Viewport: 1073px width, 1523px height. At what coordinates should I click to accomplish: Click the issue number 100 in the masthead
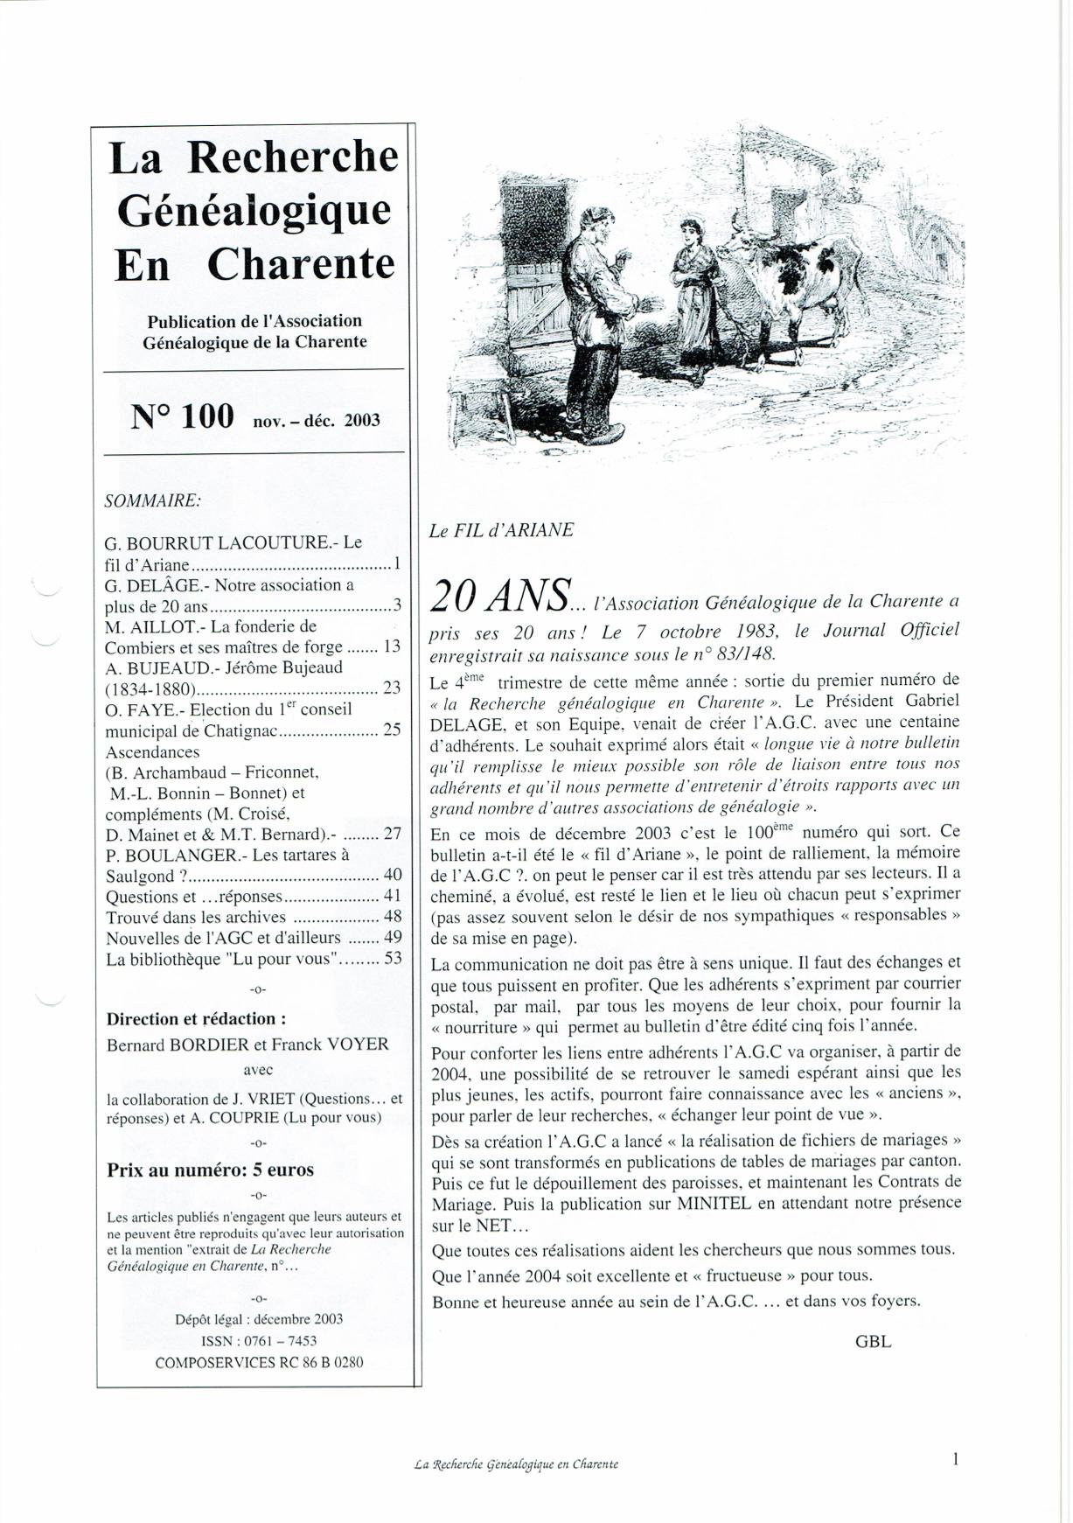[x=207, y=416]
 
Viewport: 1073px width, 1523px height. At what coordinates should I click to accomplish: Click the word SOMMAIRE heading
[x=152, y=501]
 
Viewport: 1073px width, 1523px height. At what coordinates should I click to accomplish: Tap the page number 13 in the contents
[x=392, y=646]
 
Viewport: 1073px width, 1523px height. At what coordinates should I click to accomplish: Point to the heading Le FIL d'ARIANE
[x=501, y=530]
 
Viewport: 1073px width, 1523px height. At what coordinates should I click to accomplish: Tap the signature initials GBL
[x=873, y=1341]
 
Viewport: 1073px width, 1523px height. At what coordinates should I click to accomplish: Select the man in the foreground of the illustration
[x=595, y=324]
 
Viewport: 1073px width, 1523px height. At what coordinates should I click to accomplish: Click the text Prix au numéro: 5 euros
[x=210, y=1170]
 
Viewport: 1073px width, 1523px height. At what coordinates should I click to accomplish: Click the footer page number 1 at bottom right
[x=956, y=1458]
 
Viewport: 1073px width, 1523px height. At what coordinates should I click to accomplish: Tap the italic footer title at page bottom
[x=516, y=1464]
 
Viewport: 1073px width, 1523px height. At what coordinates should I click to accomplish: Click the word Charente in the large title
[x=301, y=264]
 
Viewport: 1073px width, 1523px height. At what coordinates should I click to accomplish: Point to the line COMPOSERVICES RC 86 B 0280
[x=259, y=1362]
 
